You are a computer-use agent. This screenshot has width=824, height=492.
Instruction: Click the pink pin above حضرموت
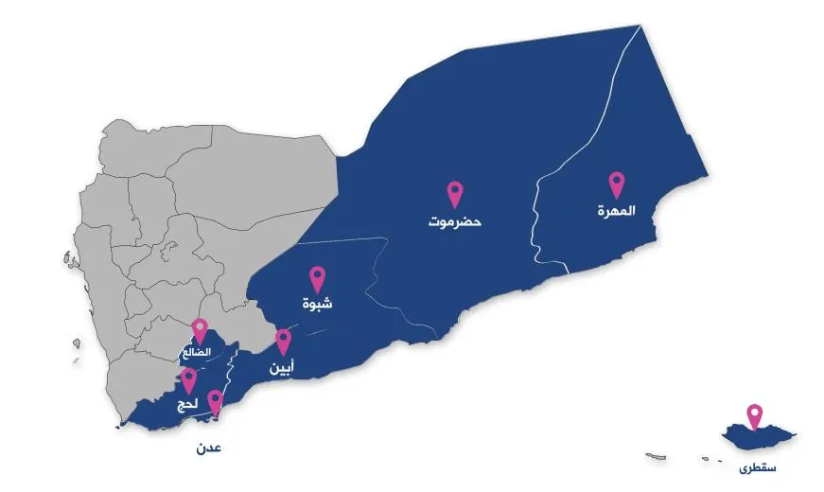point(454,193)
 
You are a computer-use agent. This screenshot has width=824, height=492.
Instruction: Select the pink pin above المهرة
point(616,184)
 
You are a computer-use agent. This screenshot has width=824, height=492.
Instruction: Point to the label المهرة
point(616,211)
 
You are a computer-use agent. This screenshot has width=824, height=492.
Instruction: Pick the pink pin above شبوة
point(318,277)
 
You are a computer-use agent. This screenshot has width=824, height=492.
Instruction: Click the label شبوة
point(318,305)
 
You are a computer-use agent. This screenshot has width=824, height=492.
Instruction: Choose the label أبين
point(281,368)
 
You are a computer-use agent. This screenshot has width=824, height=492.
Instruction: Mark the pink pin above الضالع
point(200,329)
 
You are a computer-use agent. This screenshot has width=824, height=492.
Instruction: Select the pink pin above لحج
point(189,380)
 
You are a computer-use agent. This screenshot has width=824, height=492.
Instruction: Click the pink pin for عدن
point(215,402)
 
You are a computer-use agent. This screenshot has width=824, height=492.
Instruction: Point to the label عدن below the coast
point(209,448)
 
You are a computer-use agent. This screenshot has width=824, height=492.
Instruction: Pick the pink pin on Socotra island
point(754,415)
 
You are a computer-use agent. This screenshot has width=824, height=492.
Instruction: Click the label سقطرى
point(759,467)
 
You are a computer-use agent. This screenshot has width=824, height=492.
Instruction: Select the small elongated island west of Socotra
point(658,456)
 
